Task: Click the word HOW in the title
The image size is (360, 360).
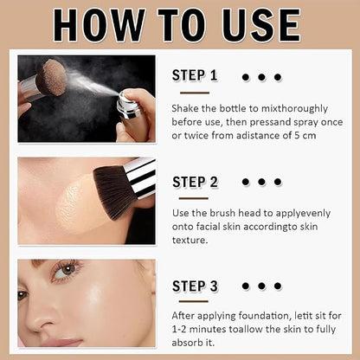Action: click(x=96, y=25)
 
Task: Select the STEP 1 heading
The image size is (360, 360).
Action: click(x=195, y=75)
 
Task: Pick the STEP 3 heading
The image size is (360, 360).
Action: click(x=195, y=286)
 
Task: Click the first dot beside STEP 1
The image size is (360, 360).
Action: click(x=246, y=77)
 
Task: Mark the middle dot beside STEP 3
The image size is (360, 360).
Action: click(x=261, y=286)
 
